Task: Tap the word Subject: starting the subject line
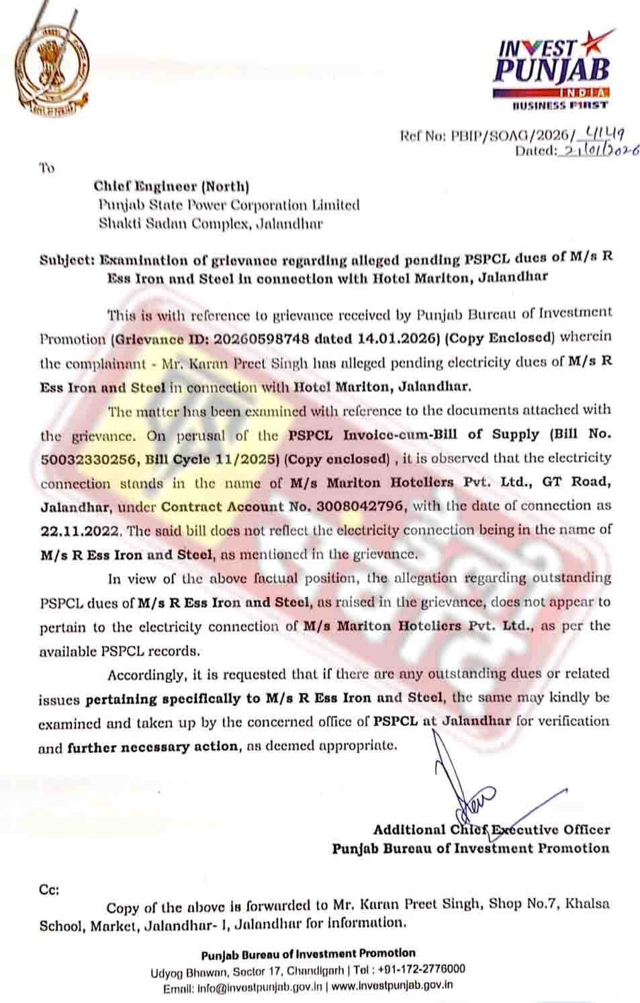coord(67,259)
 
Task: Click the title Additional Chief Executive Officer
coord(491,830)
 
